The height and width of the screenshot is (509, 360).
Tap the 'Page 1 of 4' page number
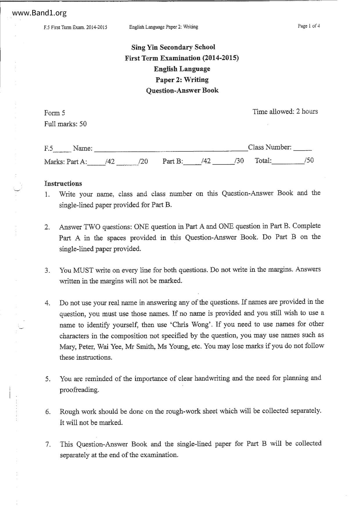point(309,26)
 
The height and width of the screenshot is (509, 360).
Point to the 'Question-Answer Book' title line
point(182,90)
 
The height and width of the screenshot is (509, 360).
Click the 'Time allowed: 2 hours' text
point(285,112)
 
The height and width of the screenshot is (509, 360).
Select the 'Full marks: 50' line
point(65,124)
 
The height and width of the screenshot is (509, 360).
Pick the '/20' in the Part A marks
point(143,162)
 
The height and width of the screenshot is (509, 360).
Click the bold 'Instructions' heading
point(63,183)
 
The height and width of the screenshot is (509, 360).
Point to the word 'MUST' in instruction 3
point(83,270)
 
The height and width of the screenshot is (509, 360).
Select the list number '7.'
point(48,444)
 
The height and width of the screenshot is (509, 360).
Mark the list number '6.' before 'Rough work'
point(48,412)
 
